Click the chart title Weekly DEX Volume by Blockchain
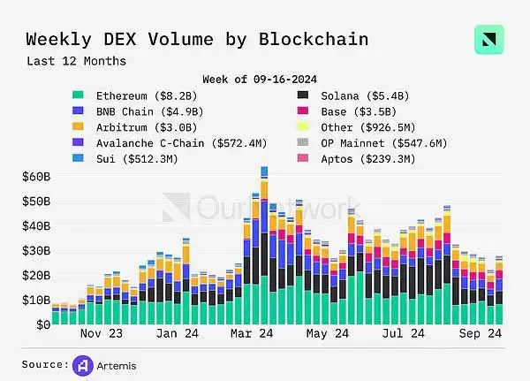coord(196,40)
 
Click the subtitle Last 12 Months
coord(76,61)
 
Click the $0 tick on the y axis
coord(42,325)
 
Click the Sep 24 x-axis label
coord(484,336)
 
